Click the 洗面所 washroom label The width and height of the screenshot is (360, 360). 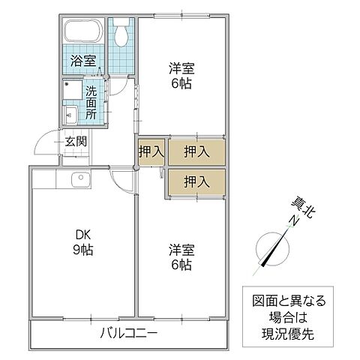click(x=91, y=103)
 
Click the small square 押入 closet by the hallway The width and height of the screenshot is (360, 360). click(x=150, y=151)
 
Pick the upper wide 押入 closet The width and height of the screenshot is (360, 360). click(x=196, y=151)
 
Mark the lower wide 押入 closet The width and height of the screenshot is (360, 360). click(x=196, y=181)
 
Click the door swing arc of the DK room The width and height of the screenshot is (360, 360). click(x=121, y=181)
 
